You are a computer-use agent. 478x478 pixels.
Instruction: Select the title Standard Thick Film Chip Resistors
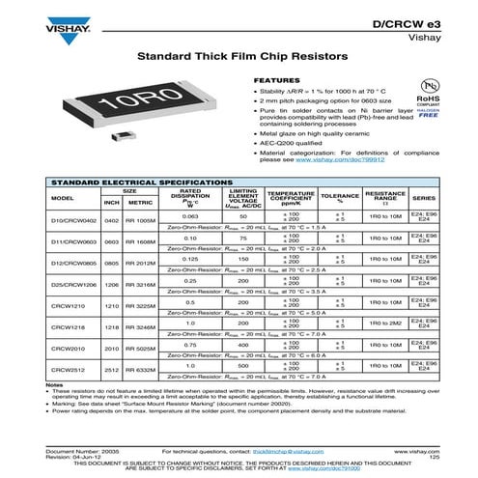239,58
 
